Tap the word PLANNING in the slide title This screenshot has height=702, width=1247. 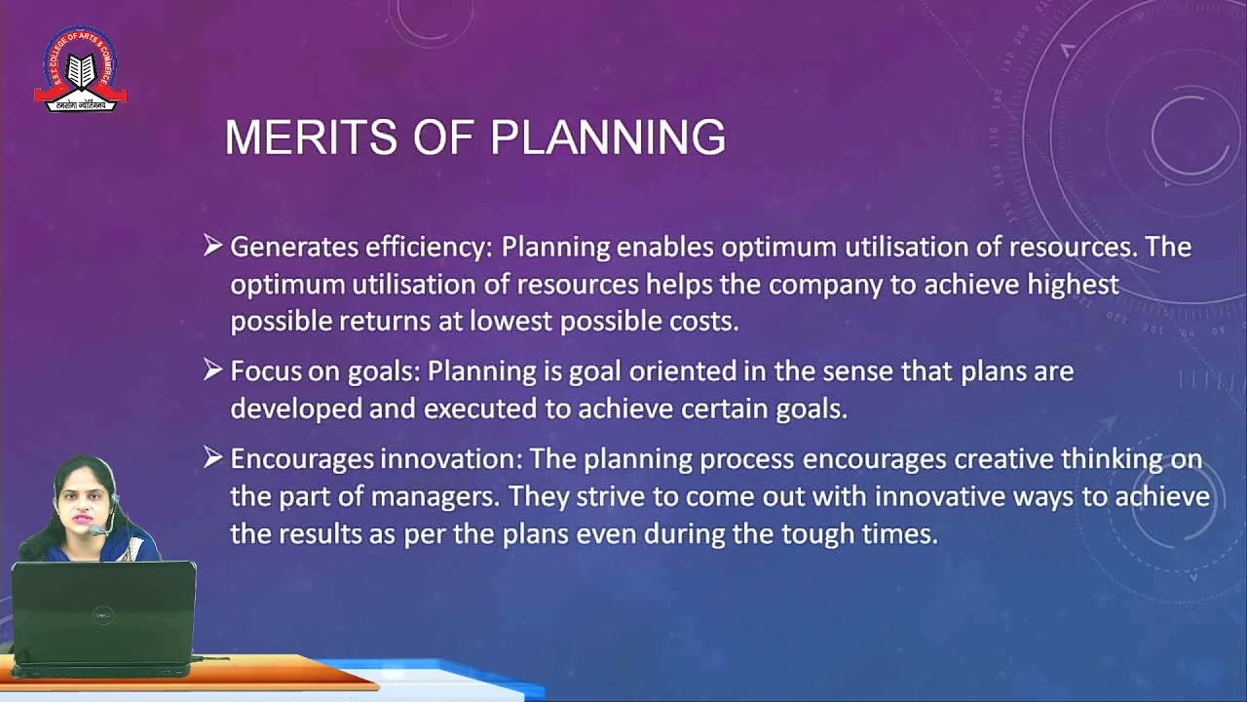(x=608, y=137)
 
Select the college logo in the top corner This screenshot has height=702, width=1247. (x=81, y=69)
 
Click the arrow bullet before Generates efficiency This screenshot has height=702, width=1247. (x=213, y=246)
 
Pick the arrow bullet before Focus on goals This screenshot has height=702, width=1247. (x=213, y=370)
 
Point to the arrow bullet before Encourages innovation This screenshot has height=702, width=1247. (x=213, y=457)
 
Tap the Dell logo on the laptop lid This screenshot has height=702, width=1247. (x=102, y=615)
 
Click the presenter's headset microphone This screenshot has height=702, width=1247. (x=96, y=531)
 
